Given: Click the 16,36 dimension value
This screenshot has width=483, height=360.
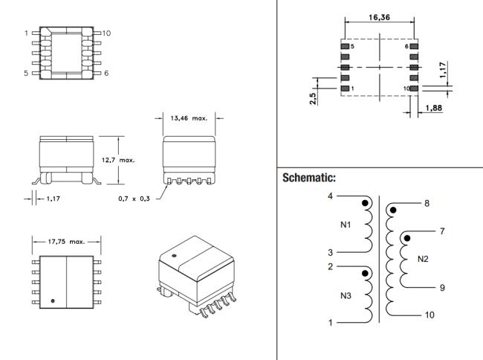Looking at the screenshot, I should coord(379,17).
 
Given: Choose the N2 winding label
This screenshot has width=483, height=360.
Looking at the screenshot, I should coord(424,259).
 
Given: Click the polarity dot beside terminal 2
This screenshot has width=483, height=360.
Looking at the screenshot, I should coord(364,274).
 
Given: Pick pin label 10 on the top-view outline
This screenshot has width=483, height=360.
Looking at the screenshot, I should coord(106,33).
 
